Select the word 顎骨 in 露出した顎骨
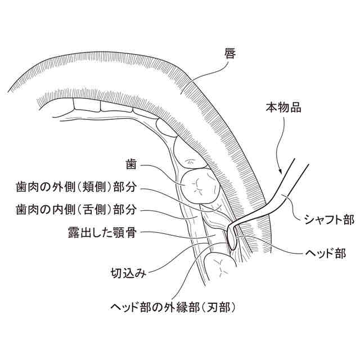tap(125, 232)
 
